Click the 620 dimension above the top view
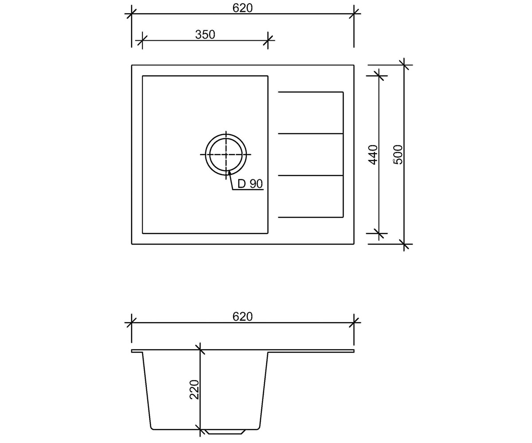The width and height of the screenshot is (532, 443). (243, 8)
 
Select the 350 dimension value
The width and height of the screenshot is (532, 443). (205, 35)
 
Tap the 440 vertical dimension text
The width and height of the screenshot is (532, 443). (373, 155)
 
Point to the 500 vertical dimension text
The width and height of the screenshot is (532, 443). (398, 155)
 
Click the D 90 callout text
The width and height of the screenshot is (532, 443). (250, 184)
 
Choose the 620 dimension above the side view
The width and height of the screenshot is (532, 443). (243, 317)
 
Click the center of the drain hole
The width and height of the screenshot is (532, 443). (226, 155)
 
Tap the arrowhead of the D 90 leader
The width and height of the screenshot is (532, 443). (229, 173)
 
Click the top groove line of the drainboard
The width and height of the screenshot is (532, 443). (311, 92)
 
